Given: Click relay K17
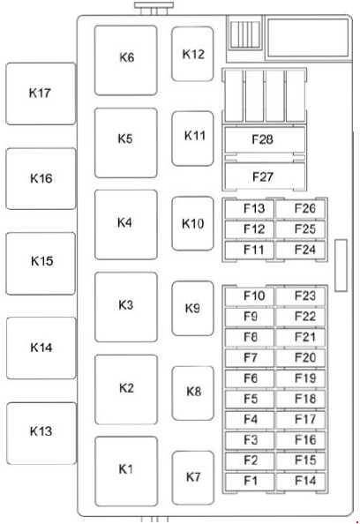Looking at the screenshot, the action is [x=41, y=94].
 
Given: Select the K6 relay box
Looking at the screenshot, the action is [x=125, y=60].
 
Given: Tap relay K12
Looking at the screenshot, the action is [x=192, y=54].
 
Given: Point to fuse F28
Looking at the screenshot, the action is [x=265, y=139].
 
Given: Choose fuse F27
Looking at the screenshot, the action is [x=265, y=176].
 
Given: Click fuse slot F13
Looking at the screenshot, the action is [x=250, y=209].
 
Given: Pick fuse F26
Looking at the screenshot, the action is [x=301, y=209].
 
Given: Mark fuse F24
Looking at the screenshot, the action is [x=301, y=250].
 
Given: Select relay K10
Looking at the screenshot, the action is [x=192, y=223].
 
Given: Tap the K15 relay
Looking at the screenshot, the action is [x=41, y=264].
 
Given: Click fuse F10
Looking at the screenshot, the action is [x=250, y=296].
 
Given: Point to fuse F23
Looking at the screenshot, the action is [x=301, y=296].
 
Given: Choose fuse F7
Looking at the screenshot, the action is [x=250, y=358].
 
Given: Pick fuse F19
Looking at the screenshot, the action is [x=301, y=378].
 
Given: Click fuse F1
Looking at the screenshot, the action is [x=250, y=482].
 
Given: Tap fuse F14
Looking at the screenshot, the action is [x=301, y=482].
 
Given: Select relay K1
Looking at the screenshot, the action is [x=126, y=471].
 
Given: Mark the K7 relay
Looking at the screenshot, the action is [x=193, y=478].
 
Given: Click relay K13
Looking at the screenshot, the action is [x=41, y=433].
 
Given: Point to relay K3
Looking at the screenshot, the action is [x=126, y=307].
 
